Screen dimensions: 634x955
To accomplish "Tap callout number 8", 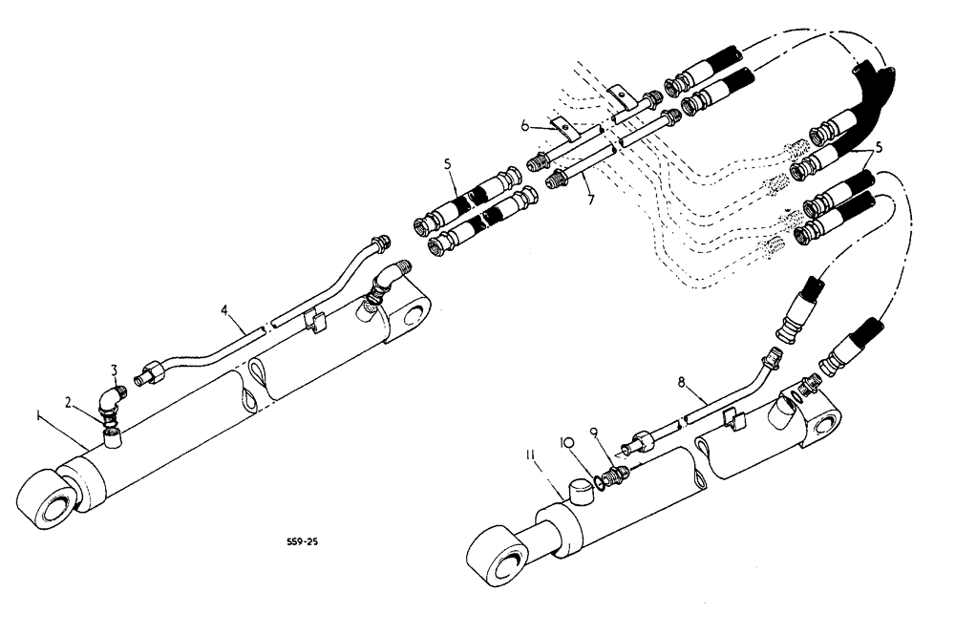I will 681,383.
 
